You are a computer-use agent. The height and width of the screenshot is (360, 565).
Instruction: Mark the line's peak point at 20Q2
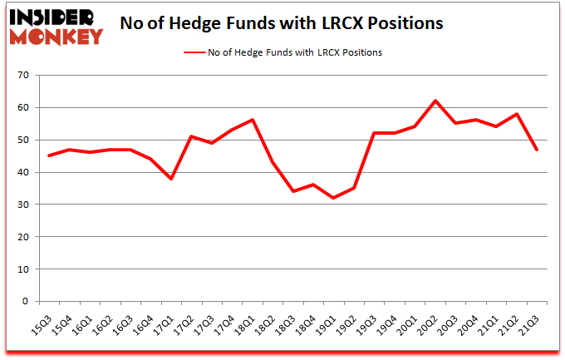tap(435, 101)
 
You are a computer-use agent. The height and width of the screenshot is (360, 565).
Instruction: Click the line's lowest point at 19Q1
tap(332, 198)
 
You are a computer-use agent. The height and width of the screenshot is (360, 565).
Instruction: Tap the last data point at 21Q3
tap(538, 150)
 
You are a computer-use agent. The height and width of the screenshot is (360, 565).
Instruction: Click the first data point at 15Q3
tap(49, 155)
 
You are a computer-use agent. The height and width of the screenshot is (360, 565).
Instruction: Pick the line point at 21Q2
tap(517, 114)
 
